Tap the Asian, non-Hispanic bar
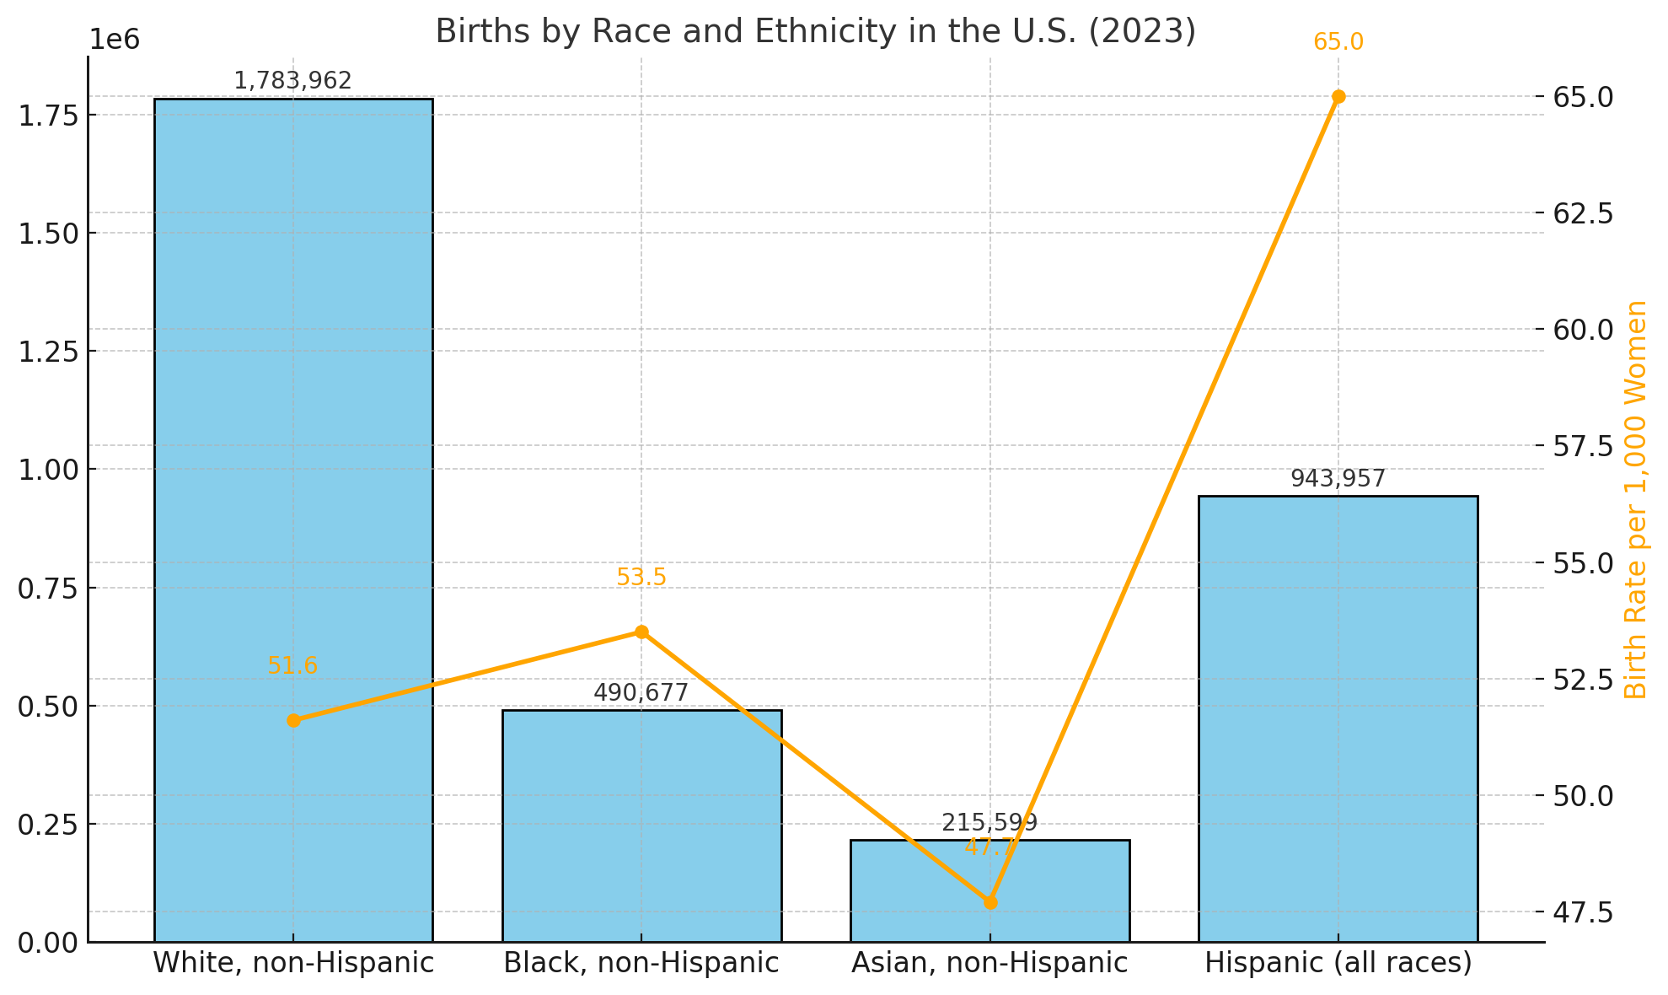tap(927, 894)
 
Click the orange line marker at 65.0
tap(1338, 97)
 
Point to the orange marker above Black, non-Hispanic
tap(641, 632)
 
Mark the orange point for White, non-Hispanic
tap(293, 720)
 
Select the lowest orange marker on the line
tap(990, 902)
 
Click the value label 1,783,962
tap(292, 81)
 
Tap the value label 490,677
tap(641, 693)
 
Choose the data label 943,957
tap(1338, 479)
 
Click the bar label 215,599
tap(990, 823)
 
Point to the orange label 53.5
tap(641, 578)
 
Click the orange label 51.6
tap(292, 666)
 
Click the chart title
tap(815, 32)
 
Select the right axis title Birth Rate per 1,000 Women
tap(1635, 499)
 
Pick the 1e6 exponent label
tap(115, 40)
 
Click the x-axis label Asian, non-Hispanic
tap(990, 963)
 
